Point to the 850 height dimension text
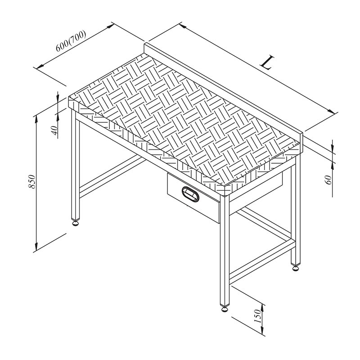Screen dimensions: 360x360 pyautogui.click(x=31, y=181)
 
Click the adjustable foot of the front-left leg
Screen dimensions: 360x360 pyautogui.click(x=76, y=221)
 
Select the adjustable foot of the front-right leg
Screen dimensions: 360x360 pyautogui.click(x=224, y=308)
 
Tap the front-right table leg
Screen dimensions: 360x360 pyautogui.click(x=224, y=252)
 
